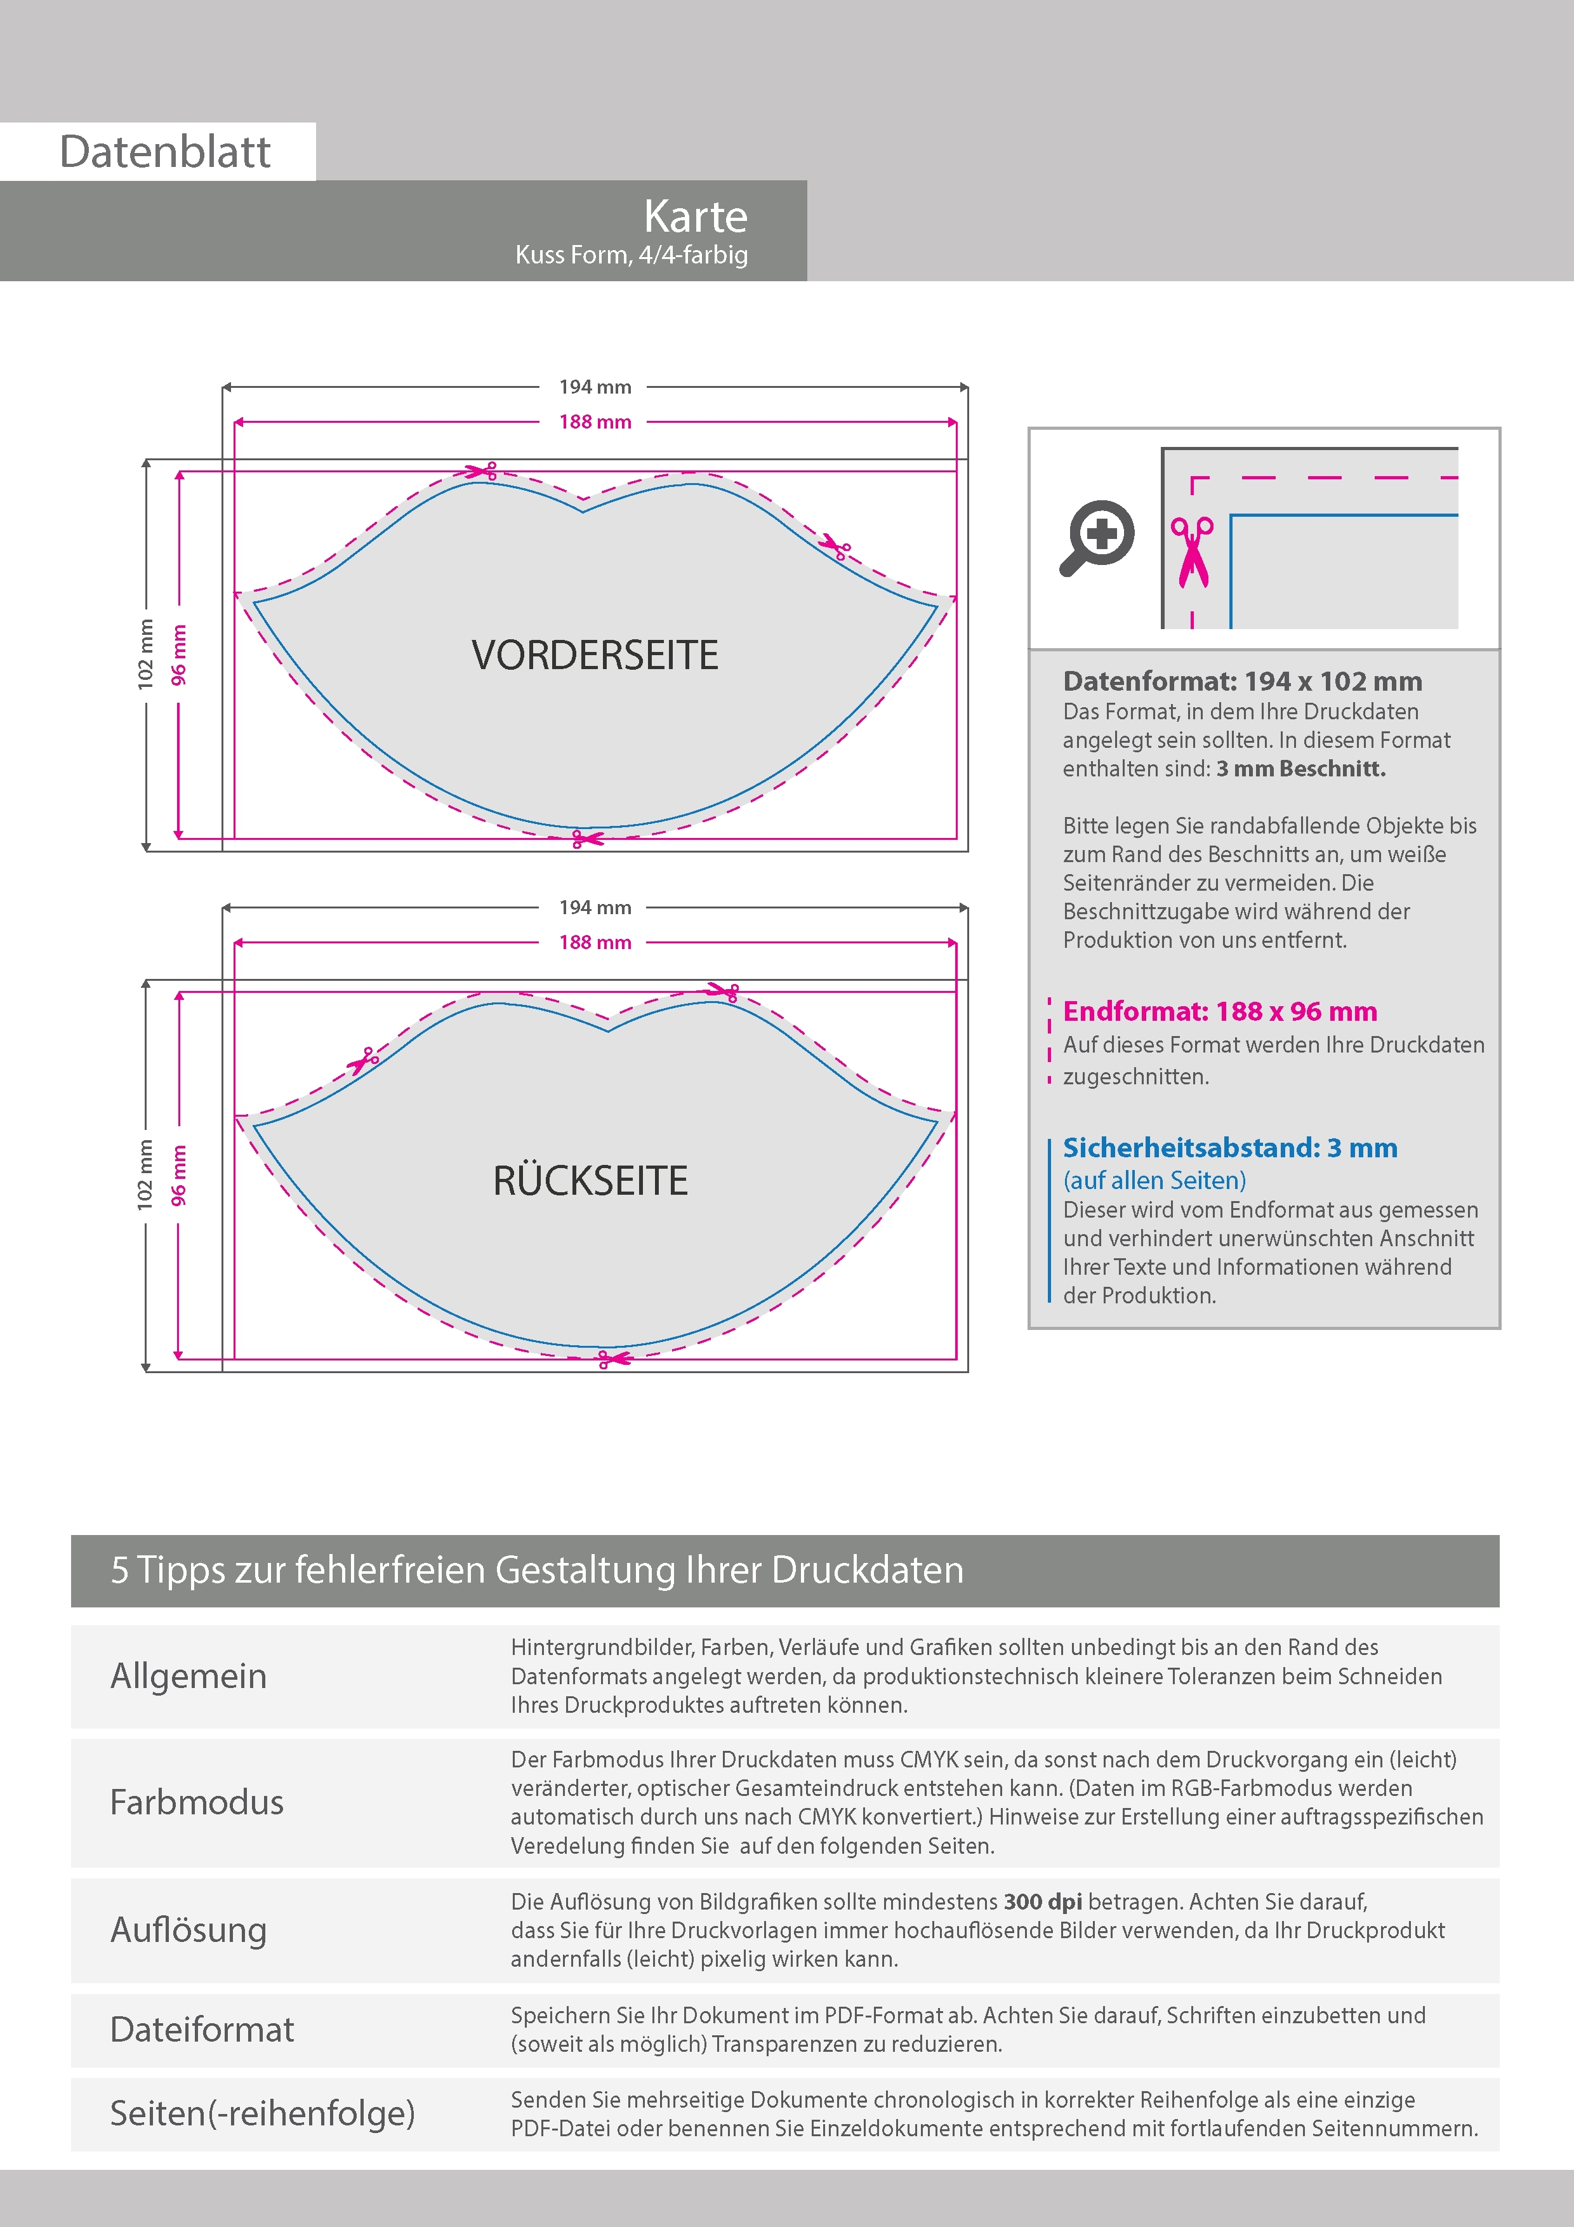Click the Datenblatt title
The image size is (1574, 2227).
point(165,152)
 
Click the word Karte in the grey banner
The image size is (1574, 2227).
point(696,216)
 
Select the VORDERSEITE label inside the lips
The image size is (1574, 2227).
point(595,656)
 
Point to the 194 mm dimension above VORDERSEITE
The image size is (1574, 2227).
point(595,387)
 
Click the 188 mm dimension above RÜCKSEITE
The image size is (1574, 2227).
point(595,943)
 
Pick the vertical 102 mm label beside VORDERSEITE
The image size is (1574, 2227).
point(145,655)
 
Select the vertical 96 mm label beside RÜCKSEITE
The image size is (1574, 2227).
point(178,1176)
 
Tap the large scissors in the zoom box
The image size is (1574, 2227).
point(1192,552)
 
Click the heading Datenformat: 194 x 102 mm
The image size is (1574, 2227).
point(1242,681)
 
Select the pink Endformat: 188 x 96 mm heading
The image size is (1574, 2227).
point(1219,1012)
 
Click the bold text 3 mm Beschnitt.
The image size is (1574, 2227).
point(1300,769)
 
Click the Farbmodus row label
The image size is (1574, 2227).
point(197,1802)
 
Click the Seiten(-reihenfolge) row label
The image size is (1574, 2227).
point(262,2113)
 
